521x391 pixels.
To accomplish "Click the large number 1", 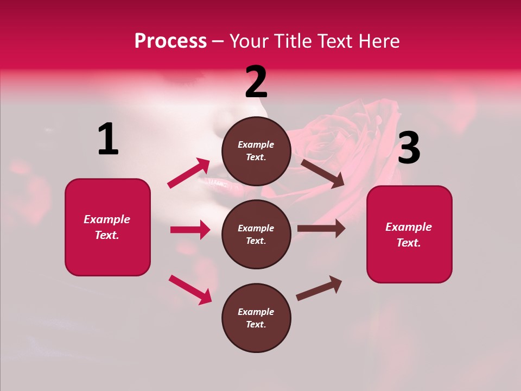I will [108, 139].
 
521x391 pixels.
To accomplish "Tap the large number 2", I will [256, 83].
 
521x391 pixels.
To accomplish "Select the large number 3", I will [409, 148].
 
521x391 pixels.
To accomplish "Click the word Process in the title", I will [170, 41].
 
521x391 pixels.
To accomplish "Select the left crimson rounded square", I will [107, 227].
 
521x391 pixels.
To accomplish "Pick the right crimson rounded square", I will [409, 234].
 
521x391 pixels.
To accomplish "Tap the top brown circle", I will [256, 151].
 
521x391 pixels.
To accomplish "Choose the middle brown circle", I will [256, 234].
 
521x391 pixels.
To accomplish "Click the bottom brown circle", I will [256, 318].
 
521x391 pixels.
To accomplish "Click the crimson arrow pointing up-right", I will [189, 173].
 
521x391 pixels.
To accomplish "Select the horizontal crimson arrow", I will [190, 230].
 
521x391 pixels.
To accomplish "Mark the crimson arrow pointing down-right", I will [190, 289].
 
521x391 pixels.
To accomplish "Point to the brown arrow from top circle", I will [322, 173].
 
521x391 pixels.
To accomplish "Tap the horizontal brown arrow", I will [321, 229].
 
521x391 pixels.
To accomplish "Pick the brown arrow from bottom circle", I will [319, 288].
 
